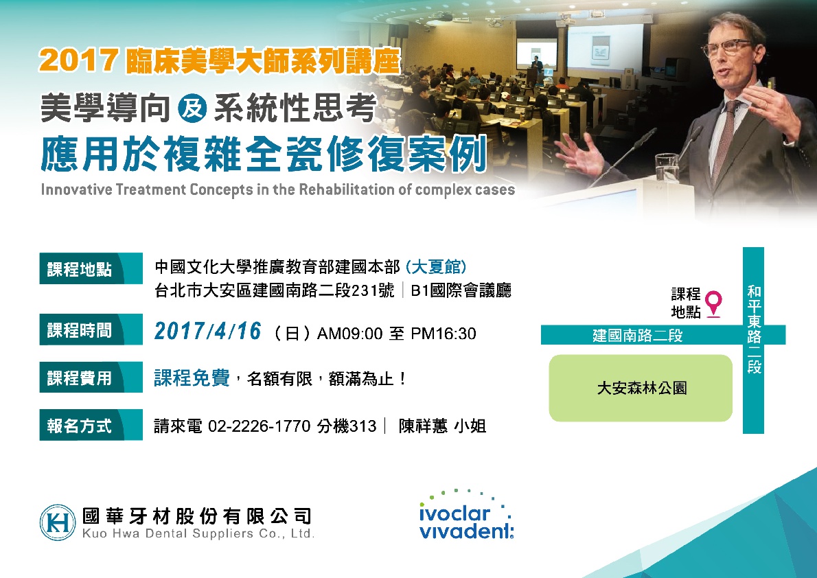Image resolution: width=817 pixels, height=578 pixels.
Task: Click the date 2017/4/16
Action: pos(207,332)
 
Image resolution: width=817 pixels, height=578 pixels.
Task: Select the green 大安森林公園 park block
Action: pos(641,389)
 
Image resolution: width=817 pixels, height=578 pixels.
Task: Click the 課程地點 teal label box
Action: pos(91,268)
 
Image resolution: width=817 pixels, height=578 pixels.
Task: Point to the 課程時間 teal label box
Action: pos(91,330)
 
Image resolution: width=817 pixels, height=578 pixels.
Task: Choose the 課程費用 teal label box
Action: pos(91,377)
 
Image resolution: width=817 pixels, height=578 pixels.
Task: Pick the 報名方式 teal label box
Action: pos(91,425)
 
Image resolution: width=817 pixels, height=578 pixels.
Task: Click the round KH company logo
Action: pos(58,522)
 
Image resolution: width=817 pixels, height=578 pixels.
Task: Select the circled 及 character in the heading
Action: pos(192,108)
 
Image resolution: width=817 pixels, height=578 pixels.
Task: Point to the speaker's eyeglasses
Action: pos(728,49)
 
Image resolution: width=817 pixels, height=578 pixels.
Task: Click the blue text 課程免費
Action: pos(192,378)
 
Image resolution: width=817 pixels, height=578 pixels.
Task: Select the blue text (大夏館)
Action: pos(435,267)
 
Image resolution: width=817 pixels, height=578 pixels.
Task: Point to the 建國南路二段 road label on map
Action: pos(638,335)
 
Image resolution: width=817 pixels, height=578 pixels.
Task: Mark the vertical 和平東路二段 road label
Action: pos(754,329)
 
